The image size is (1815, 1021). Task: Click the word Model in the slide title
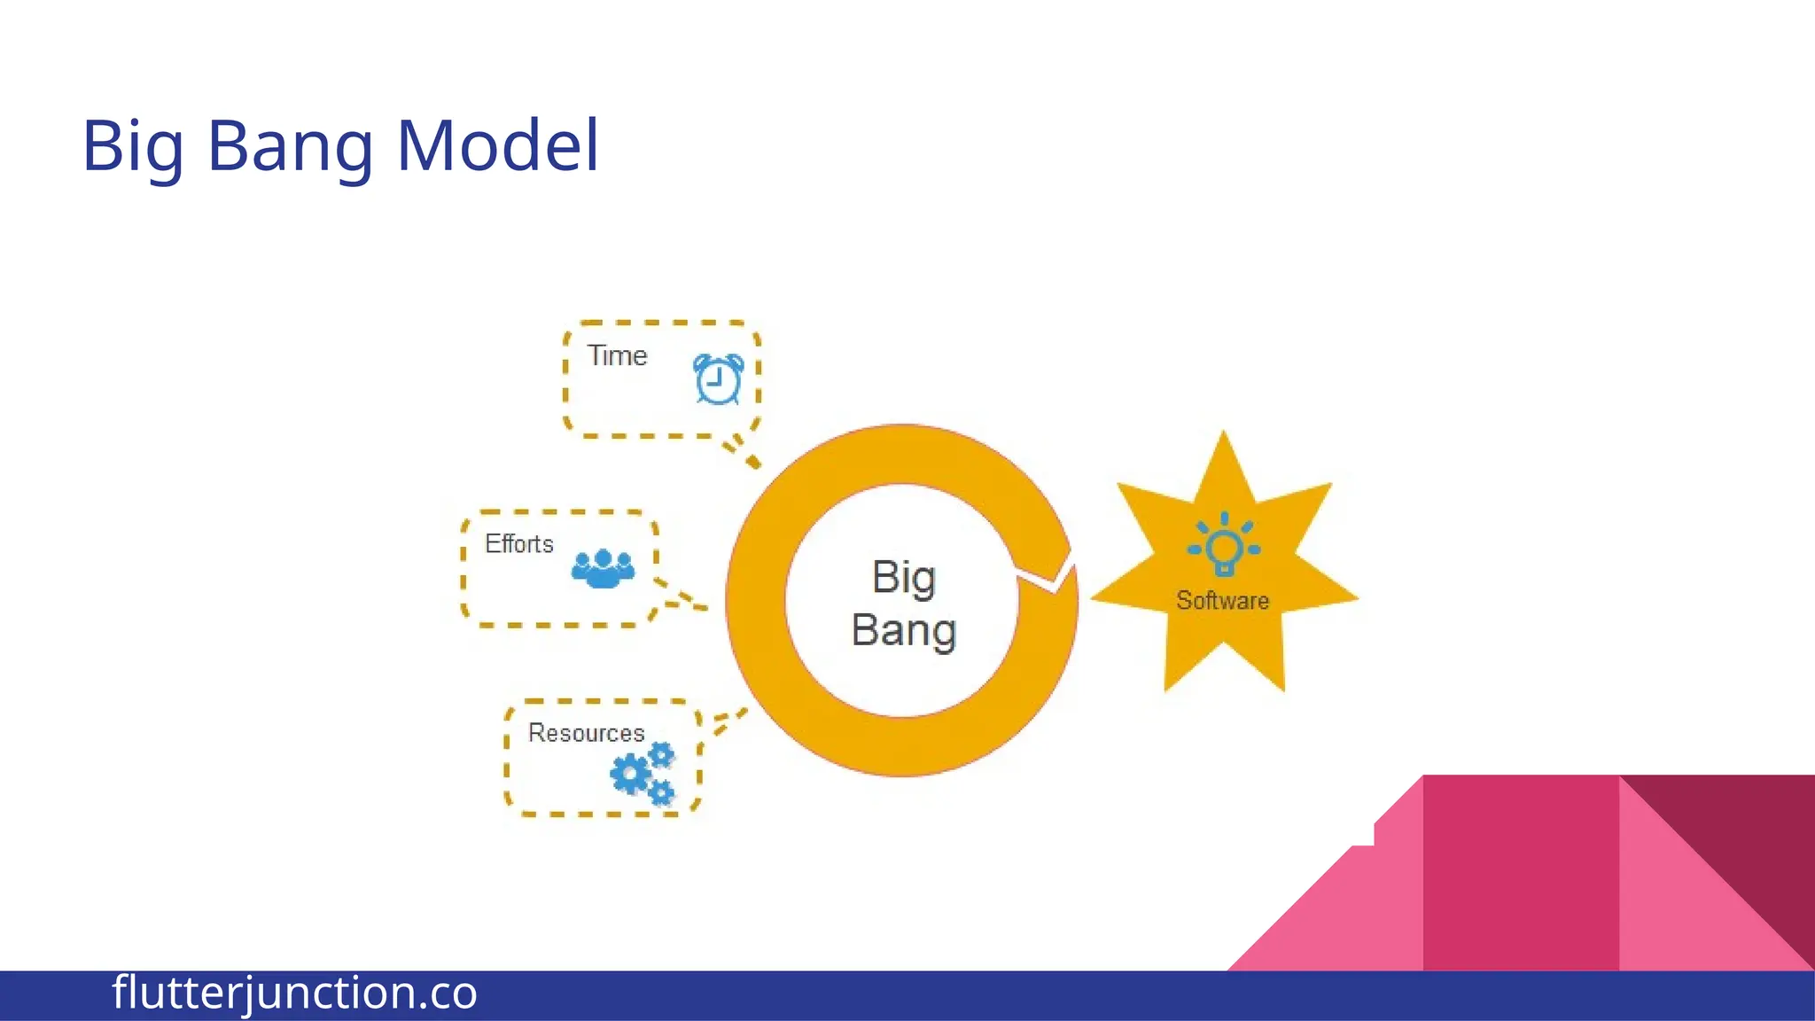click(498, 145)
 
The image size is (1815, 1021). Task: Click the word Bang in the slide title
click(290, 147)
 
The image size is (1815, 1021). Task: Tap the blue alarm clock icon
click(718, 379)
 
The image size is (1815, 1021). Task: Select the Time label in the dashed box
click(617, 355)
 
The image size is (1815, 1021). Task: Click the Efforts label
click(519, 543)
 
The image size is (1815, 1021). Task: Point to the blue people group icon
click(604, 569)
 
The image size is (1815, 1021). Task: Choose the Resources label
click(586, 733)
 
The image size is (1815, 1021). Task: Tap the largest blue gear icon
click(630, 775)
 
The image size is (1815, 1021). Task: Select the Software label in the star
click(1222, 601)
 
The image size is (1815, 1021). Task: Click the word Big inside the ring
click(903, 578)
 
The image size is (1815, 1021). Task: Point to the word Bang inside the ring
click(903, 630)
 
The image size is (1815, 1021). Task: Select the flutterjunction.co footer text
click(294, 993)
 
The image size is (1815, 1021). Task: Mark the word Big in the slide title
click(134, 147)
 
